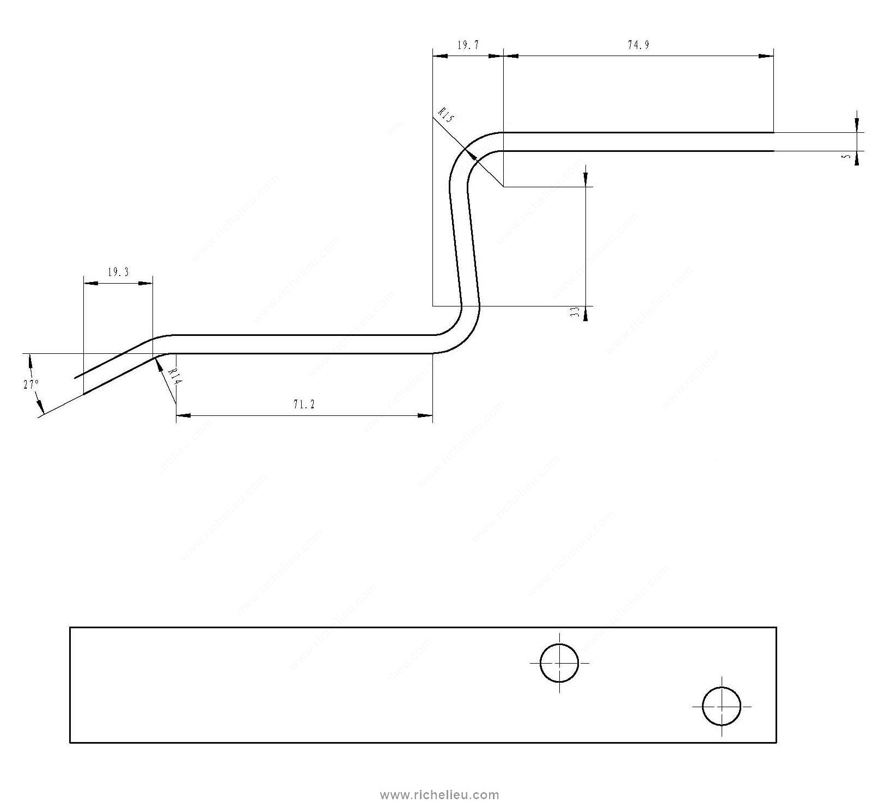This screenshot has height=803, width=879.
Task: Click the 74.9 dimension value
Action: (x=638, y=45)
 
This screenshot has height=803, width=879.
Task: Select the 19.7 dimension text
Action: (x=468, y=45)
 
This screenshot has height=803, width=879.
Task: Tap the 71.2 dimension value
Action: (x=304, y=404)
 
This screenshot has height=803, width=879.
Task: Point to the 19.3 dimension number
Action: (x=118, y=272)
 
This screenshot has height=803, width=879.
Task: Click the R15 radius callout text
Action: (x=446, y=117)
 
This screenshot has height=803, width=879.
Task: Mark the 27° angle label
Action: (x=31, y=384)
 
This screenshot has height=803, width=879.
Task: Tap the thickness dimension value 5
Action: (x=846, y=156)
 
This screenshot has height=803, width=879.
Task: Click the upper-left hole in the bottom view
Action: (x=559, y=663)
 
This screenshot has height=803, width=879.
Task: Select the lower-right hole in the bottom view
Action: (x=722, y=706)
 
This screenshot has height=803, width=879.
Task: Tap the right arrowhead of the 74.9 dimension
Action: (x=767, y=55)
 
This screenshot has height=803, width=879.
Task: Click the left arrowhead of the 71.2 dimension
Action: (x=183, y=416)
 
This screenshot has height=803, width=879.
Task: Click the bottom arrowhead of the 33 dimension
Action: (x=586, y=312)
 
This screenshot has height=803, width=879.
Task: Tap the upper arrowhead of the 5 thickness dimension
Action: (x=857, y=125)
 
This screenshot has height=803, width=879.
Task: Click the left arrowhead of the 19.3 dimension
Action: (x=90, y=283)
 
